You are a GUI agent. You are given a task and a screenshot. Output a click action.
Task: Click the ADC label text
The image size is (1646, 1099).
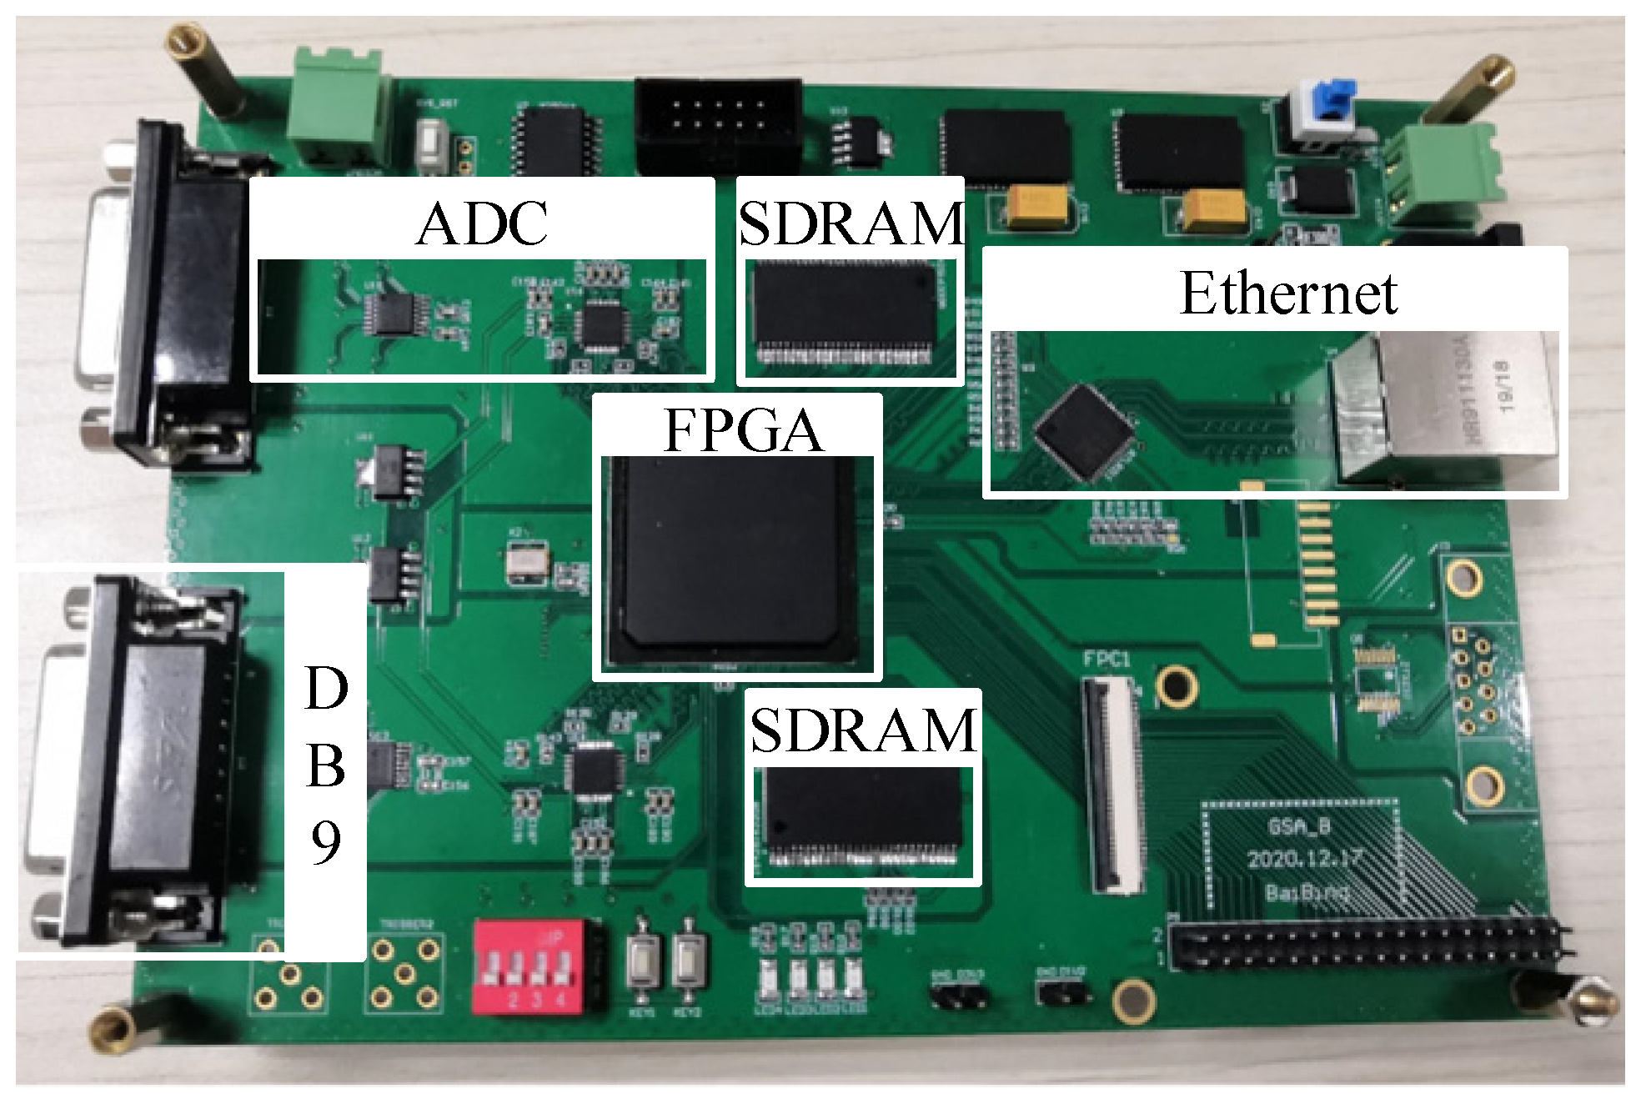coord(482,223)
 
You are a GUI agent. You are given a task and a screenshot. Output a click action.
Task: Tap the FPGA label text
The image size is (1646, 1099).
coord(743,430)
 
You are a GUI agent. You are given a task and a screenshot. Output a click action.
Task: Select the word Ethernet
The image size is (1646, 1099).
coord(1288,294)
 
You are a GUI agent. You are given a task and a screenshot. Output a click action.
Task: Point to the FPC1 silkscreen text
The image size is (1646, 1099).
coord(1107,660)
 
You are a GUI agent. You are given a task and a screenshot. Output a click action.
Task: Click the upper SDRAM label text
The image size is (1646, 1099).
coord(851,223)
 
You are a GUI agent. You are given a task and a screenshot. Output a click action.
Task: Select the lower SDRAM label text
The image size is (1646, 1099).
coord(863,730)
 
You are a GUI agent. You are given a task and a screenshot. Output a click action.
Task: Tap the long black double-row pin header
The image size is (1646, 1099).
coord(1367,946)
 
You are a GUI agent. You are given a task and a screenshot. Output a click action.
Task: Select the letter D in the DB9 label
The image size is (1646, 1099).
coord(326,689)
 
